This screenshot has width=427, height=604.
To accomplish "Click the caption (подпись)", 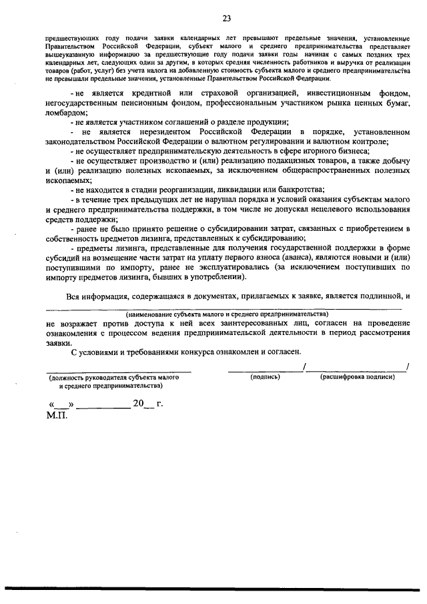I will (266, 377).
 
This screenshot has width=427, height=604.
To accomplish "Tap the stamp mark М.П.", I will (57, 414).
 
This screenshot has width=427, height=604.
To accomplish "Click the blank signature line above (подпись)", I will (265, 370).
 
